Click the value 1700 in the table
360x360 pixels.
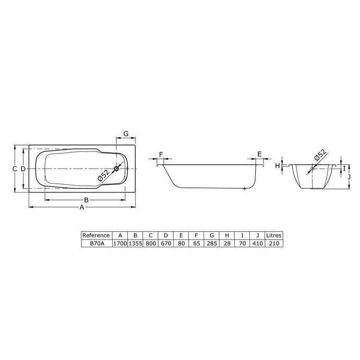point(120,243)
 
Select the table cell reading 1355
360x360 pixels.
point(135,243)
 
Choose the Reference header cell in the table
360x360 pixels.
point(96,235)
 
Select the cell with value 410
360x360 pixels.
point(257,243)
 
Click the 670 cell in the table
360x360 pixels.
point(165,243)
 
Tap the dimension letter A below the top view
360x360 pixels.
point(81,208)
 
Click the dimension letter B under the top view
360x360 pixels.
point(86,200)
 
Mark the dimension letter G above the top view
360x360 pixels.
point(126,134)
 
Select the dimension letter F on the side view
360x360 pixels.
point(161,154)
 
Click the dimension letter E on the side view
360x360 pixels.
point(259,154)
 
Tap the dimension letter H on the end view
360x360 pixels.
point(278,165)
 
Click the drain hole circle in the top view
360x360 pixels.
point(117,168)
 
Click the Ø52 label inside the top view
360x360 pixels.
point(103,176)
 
